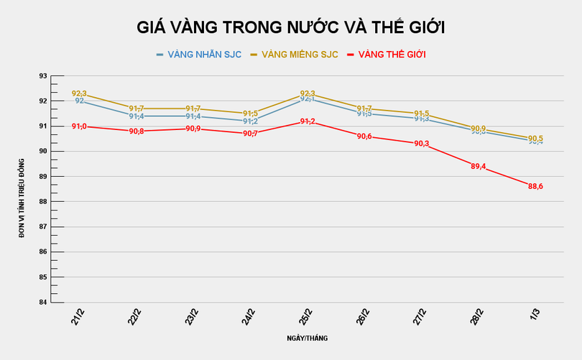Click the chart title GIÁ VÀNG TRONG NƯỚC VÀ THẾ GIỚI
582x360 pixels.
pyautogui.click(x=291, y=27)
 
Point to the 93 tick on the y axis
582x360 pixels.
pyautogui.click(x=43, y=75)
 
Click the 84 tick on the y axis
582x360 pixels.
pyautogui.click(x=43, y=302)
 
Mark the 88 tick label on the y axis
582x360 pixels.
pyautogui.click(x=43, y=201)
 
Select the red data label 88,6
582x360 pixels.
pyautogui.click(x=535, y=186)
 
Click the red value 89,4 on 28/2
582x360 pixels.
pyautogui.click(x=478, y=166)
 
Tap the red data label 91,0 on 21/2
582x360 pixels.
pyautogui.click(x=79, y=126)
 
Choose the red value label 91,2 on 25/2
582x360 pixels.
pyautogui.click(x=308, y=121)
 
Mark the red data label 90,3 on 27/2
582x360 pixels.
pyautogui.click(x=421, y=144)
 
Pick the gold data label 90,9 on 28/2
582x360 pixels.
pyautogui.click(x=479, y=129)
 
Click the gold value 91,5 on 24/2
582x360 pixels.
pyautogui.click(x=250, y=114)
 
